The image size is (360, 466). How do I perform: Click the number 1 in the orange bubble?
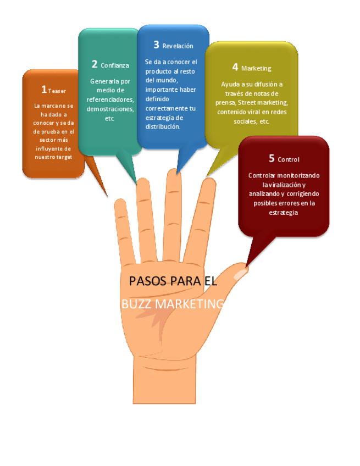[44, 89]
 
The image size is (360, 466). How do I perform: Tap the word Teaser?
[57, 91]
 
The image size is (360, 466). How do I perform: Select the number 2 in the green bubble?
[95, 64]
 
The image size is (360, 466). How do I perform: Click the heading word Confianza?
[115, 65]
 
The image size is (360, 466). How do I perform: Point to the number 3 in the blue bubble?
[156, 45]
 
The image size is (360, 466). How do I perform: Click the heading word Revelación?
[178, 46]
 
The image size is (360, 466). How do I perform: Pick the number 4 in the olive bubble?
[235, 67]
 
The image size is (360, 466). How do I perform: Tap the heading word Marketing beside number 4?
[256, 69]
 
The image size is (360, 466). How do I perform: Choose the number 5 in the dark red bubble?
[272, 158]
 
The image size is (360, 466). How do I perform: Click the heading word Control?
[289, 160]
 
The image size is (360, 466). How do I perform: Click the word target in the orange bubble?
[64, 157]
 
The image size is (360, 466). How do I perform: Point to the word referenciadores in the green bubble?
[110, 100]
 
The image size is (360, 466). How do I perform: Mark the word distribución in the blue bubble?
[163, 126]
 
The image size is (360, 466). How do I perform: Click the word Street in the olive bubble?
[249, 102]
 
